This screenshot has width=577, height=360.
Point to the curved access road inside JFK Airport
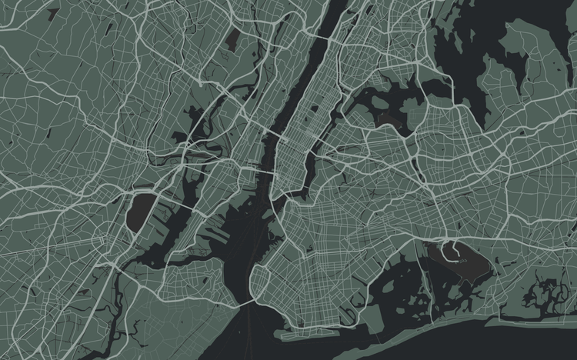[453, 252]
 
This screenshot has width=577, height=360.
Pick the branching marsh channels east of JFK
[542, 292]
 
